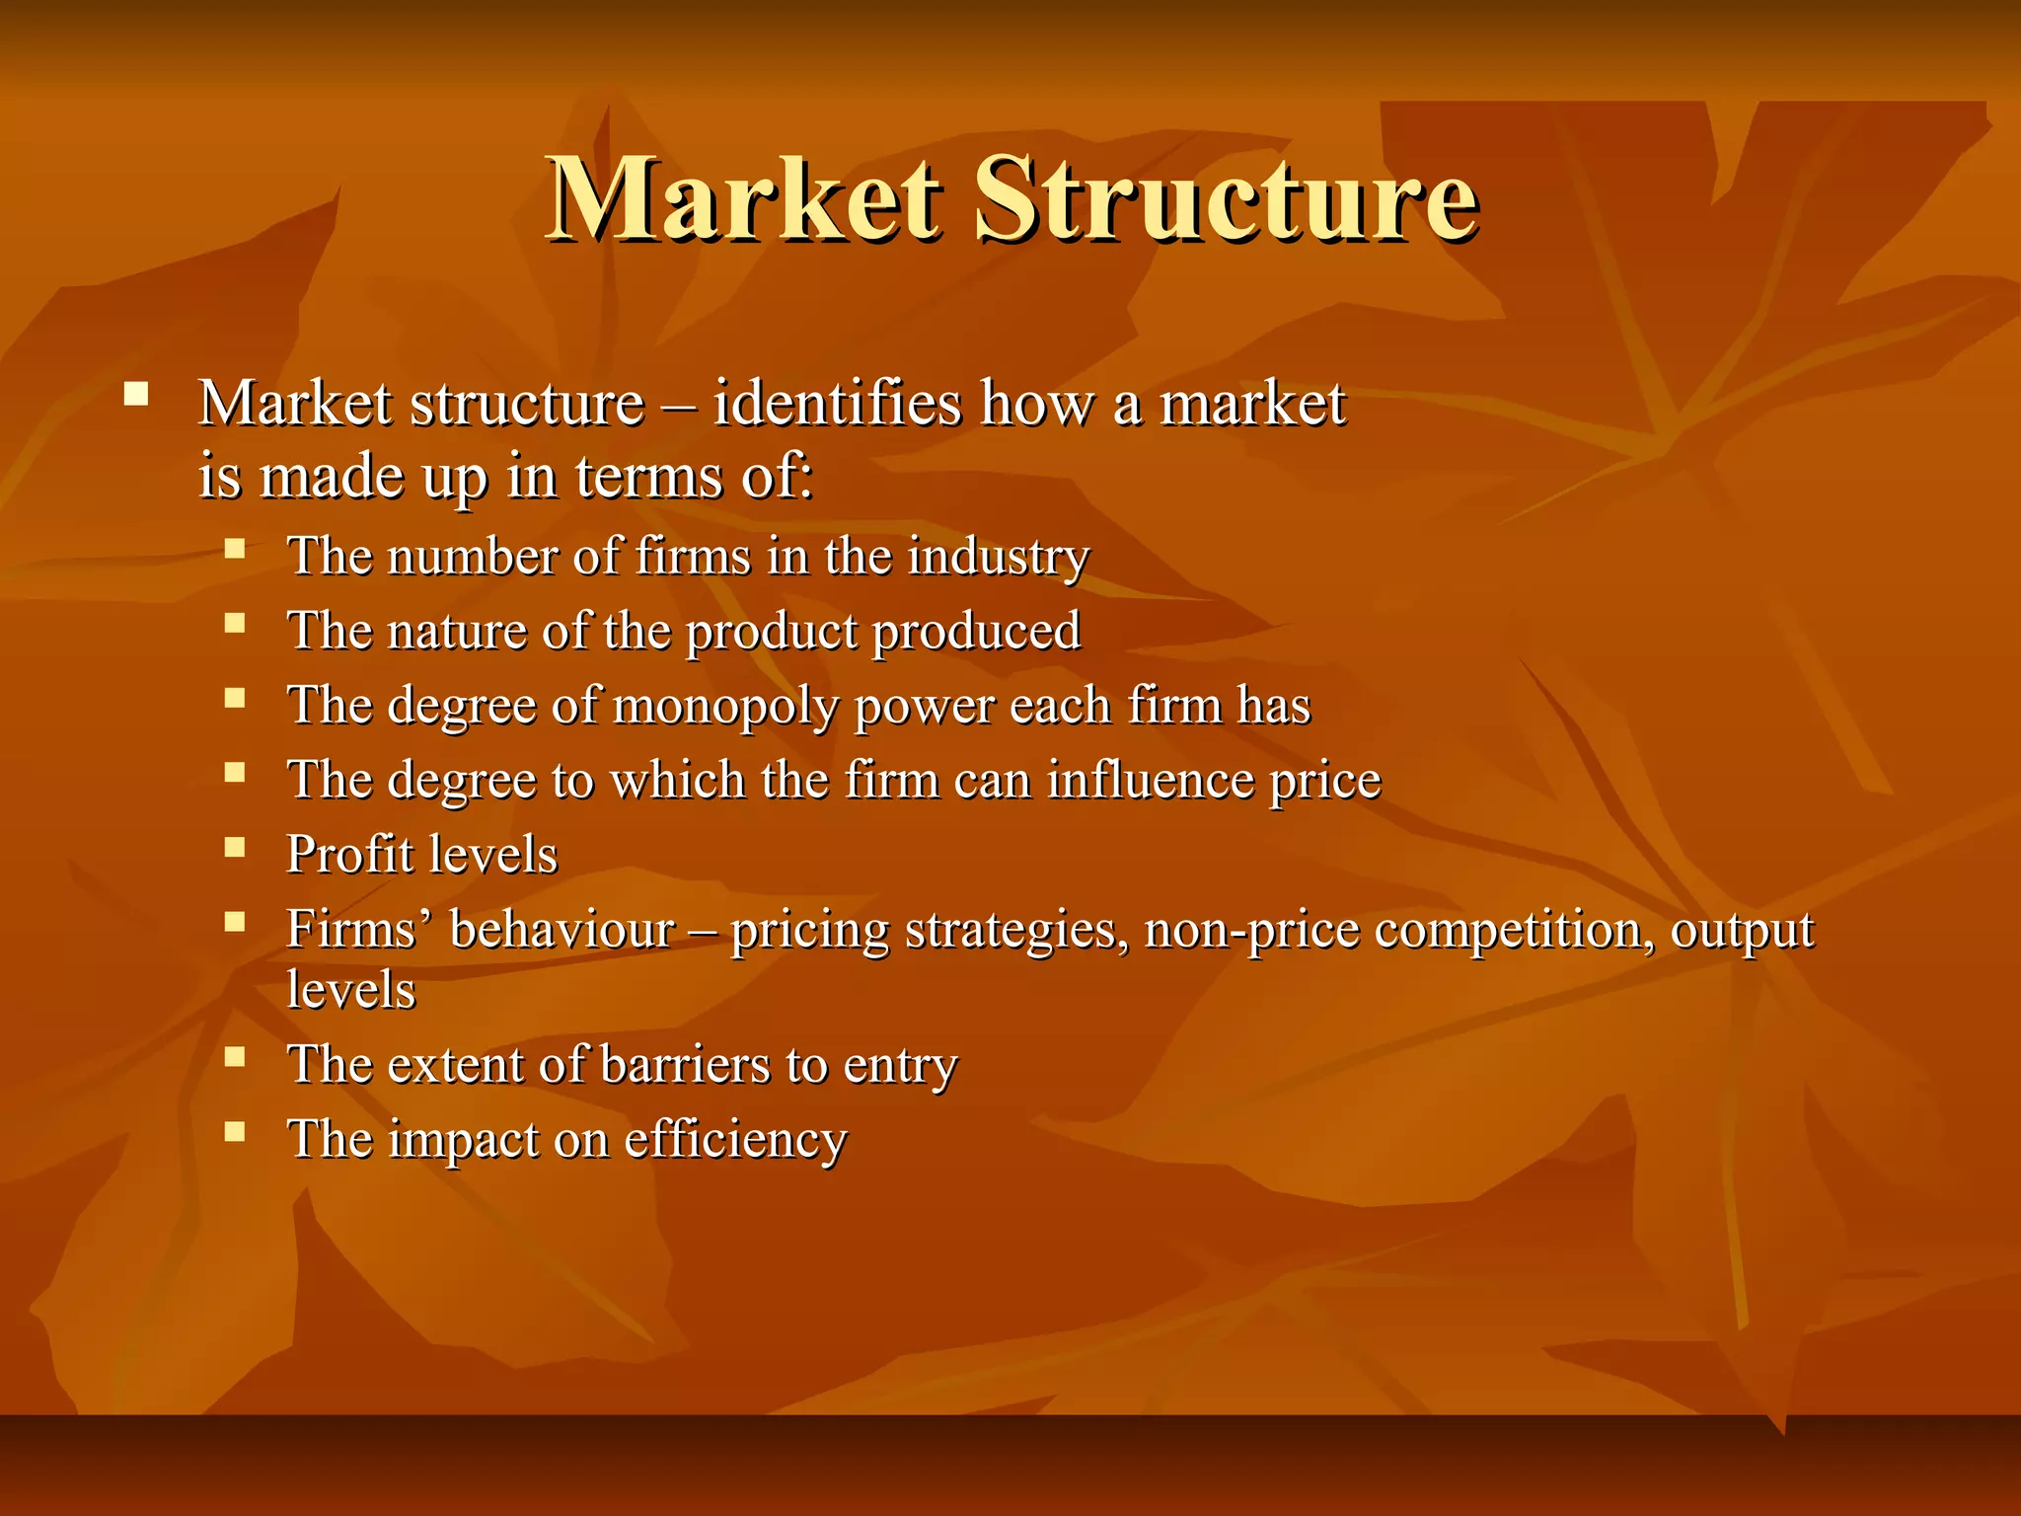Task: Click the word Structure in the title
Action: (x=1226, y=200)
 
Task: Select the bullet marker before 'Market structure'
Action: (x=136, y=397)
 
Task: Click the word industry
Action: (x=999, y=557)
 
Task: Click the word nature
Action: (x=459, y=632)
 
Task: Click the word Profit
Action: (x=350, y=855)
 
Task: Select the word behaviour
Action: (x=562, y=930)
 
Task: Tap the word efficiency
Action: (x=735, y=1141)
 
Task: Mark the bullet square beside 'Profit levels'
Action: (x=234, y=847)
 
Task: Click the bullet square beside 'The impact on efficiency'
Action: (x=234, y=1131)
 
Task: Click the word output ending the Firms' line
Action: (x=1742, y=930)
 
